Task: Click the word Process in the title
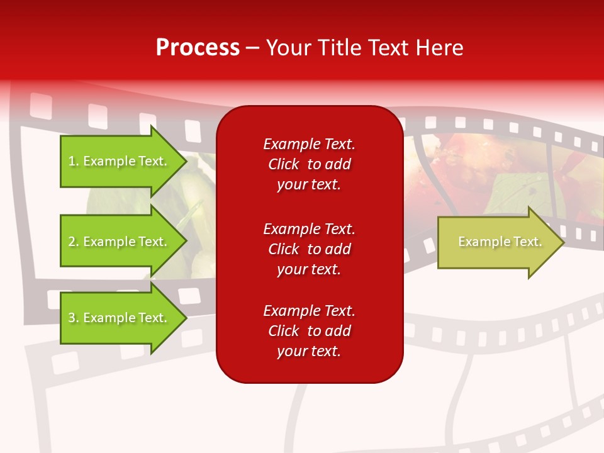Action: pos(198,48)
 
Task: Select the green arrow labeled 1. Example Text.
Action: pos(120,161)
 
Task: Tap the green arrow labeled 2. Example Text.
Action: pos(120,242)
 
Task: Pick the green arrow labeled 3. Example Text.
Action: pos(120,318)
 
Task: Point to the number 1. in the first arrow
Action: pos(74,162)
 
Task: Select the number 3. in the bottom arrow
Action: pos(74,318)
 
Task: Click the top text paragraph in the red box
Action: pos(309,164)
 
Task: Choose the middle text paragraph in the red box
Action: pos(309,249)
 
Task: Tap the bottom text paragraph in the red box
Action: pos(309,331)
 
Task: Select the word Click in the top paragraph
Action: pos(283,165)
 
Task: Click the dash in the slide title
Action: pos(253,48)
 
